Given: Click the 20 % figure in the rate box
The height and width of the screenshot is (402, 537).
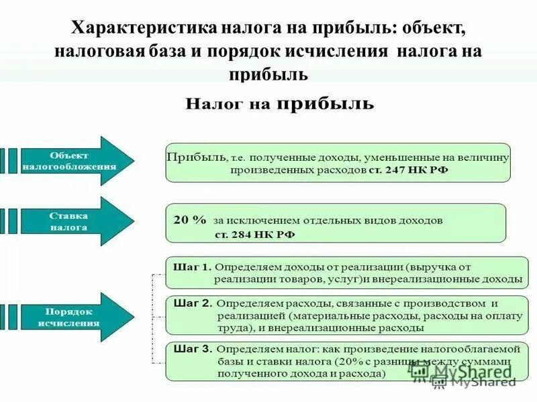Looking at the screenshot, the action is click(x=190, y=219).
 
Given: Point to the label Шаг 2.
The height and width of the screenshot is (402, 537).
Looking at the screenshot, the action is click(x=193, y=302).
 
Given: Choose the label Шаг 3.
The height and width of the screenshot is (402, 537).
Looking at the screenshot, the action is click(x=193, y=348).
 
